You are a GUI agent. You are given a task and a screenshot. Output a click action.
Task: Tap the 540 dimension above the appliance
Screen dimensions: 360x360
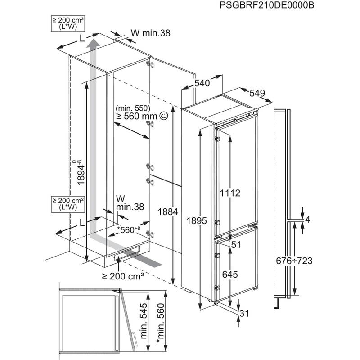click(x=202, y=83)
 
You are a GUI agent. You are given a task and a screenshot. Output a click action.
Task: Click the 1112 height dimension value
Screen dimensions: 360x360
click(x=231, y=193)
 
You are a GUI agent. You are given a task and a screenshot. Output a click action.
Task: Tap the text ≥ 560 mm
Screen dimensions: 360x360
click(x=136, y=117)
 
